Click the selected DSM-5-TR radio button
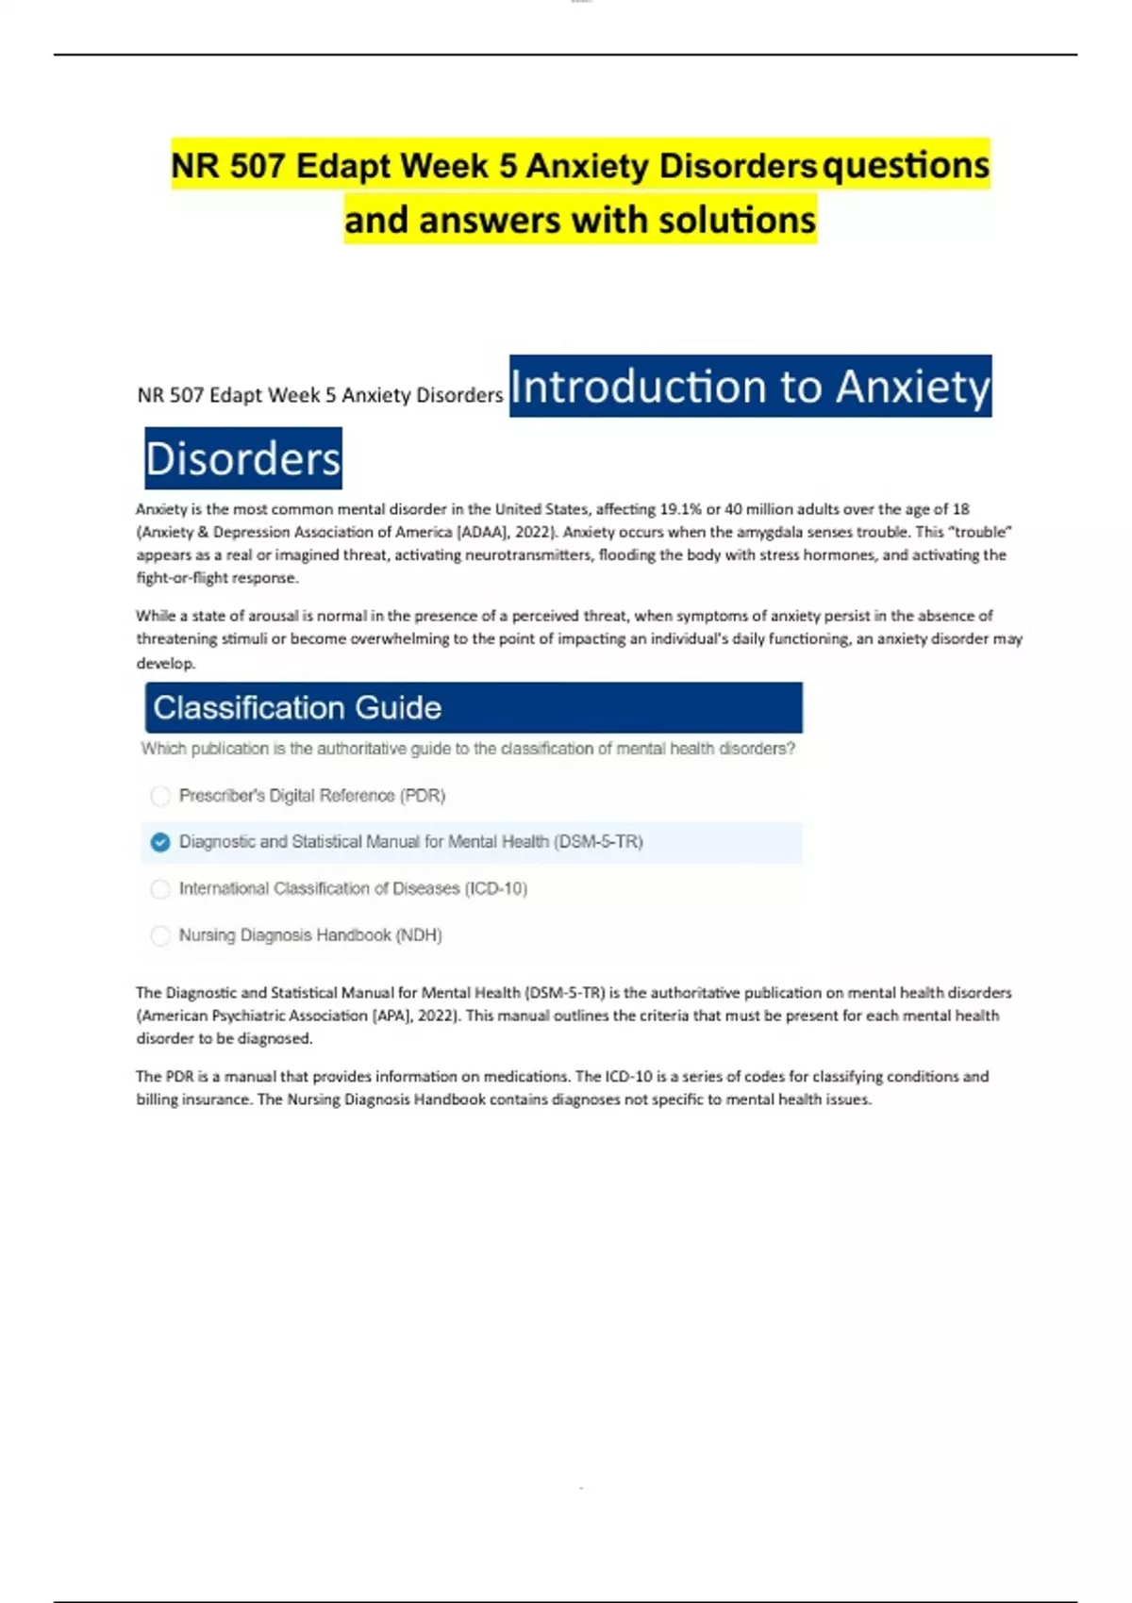click(x=160, y=842)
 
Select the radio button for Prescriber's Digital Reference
click(x=160, y=796)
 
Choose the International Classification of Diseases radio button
click(x=160, y=888)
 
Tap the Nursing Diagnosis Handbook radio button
click(x=160, y=935)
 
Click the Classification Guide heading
click(x=297, y=707)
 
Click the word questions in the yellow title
click(x=906, y=166)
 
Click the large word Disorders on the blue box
click(x=242, y=459)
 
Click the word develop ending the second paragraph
click(x=165, y=663)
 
